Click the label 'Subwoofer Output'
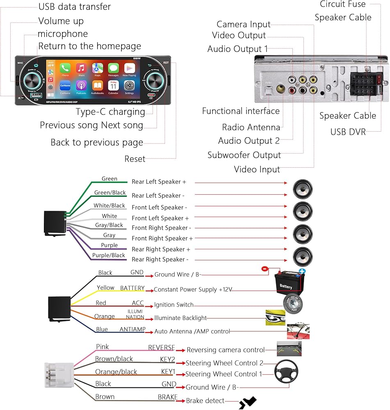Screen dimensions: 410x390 [244, 155]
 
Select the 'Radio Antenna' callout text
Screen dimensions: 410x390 [251, 127]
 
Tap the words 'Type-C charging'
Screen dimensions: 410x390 [110, 112]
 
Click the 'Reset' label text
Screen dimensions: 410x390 [135, 159]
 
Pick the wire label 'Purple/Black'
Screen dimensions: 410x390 [109, 255]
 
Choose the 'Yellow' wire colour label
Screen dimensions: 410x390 [105, 288]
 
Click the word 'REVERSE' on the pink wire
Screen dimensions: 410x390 [161, 348]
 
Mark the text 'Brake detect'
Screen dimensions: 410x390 [205, 401]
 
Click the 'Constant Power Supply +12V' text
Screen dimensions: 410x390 [193, 289]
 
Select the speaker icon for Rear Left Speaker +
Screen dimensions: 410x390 [303, 190]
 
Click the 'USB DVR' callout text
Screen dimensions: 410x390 [348, 132]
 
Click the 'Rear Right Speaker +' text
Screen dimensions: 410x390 [161, 249]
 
